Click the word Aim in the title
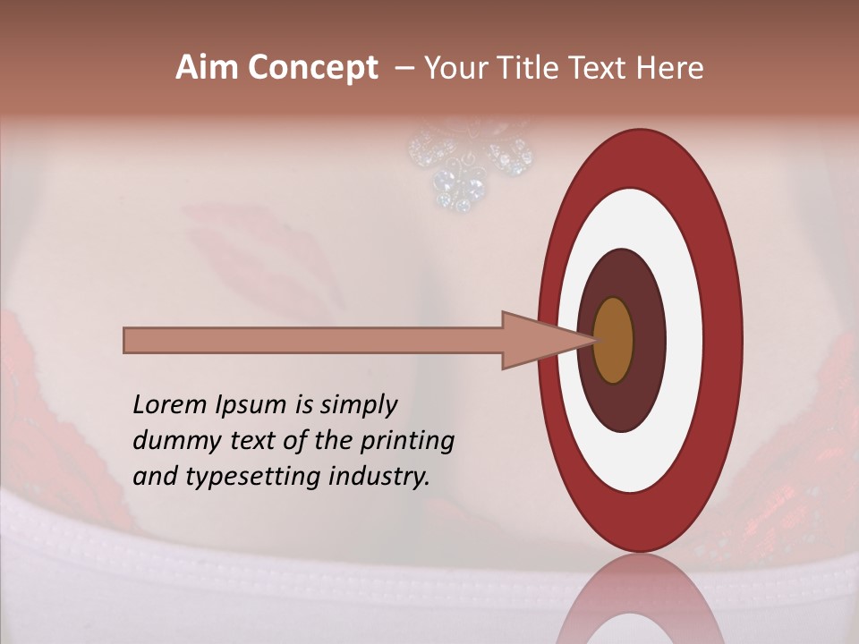pyautogui.click(x=207, y=68)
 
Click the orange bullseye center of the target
pyautogui.click(x=613, y=341)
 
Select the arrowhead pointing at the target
pyautogui.click(x=537, y=341)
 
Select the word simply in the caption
pyautogui.click(x=359, y=405)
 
